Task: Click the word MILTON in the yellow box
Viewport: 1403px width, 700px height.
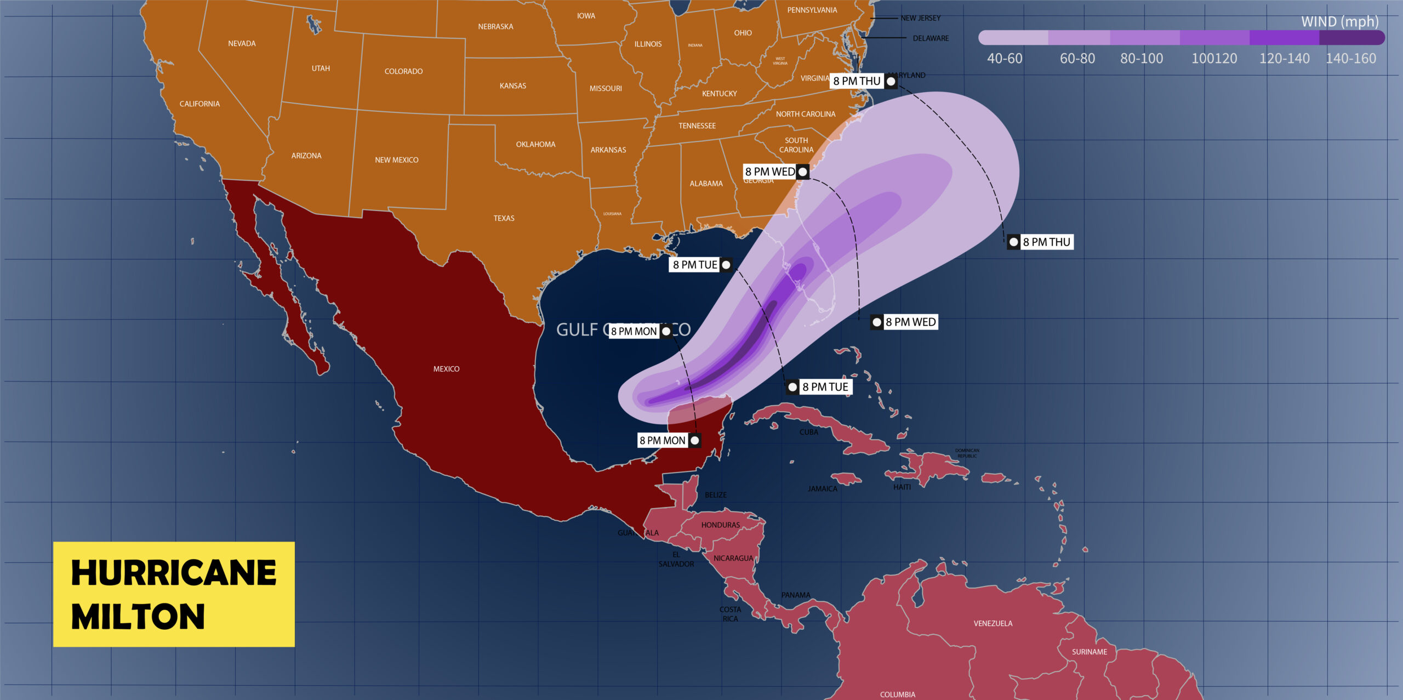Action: (x=138, y=617)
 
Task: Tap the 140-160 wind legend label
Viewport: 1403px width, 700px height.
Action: (x=1350, y=59)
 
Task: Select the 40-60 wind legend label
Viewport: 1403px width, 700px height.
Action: (x=1005, y=59)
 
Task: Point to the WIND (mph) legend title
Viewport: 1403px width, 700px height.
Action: (x=1339, y=22)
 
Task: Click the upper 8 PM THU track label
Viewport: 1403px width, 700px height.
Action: (x=857, y=81)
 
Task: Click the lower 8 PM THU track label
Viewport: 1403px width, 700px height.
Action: (x=1046, y=242)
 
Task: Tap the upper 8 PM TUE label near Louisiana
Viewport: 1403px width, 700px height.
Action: (x=695, y=265)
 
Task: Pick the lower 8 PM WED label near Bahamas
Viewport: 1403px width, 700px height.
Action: (x=910, y=322)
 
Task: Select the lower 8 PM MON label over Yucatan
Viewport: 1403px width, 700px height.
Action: (x=662, y=441)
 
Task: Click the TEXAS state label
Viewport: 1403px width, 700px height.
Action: (x=504, y=218)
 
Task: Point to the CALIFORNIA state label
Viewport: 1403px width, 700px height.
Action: (x=199, y=104)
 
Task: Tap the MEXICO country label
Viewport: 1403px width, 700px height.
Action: (x=446, y=369)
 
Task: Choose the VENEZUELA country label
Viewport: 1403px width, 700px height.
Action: (x=993, y=623)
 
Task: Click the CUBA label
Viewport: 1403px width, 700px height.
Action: (x=808, y=432)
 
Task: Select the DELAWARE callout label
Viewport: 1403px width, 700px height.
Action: (x=931, y=38)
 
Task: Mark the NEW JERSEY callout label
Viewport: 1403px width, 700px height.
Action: (x=921, y=18)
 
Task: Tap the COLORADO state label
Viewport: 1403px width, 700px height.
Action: (x=403, y=71)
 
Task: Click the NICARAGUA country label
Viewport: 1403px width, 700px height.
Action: (x=733, y=558)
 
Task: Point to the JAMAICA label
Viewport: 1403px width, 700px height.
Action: (x=822, y=488)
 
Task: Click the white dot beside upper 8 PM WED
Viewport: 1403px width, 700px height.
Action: (x=802, y=172)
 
